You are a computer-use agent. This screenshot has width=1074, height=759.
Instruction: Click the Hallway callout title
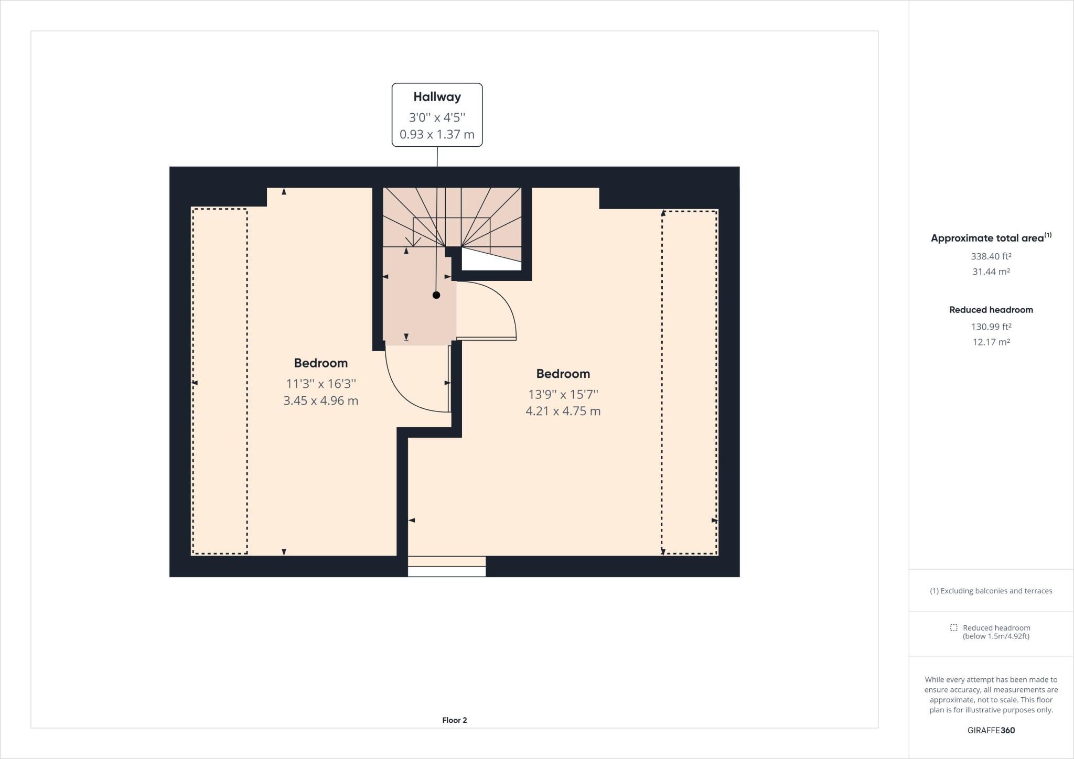[437, 97]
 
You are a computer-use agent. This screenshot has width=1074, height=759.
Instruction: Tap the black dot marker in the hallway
[436, 295]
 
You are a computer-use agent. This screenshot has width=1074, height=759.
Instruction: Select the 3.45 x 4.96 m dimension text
[321, 401]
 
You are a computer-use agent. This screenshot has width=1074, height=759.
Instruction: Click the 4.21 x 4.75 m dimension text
[563, 411]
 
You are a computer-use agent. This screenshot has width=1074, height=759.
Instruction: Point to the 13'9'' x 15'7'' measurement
[563, 394]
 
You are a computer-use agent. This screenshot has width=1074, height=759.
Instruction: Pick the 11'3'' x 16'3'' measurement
[321, 384]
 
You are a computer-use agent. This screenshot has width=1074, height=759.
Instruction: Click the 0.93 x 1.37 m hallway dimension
[437, 135]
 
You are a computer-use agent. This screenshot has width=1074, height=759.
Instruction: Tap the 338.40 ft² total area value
[991, 256]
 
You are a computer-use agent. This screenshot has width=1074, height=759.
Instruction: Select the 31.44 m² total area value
[991, 272]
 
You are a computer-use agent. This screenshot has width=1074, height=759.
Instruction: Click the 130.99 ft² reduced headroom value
[991, 327]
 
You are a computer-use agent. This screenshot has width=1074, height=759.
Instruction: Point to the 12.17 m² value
[991, 342]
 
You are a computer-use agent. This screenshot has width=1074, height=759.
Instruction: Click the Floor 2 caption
[455, 720]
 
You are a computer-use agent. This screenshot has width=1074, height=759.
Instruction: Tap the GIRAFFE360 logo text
[991, 730]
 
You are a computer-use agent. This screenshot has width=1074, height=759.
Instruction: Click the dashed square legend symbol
[954, 627]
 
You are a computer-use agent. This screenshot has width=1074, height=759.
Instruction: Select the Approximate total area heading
[991, 237]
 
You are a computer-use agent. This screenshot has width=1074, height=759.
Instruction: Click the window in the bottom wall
[447, 567]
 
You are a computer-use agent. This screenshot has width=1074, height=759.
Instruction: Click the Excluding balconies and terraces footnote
[991, 591]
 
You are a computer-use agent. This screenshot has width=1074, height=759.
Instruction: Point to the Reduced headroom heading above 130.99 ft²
[991, 310]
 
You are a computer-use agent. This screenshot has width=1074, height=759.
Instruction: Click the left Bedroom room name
[321, 363]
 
